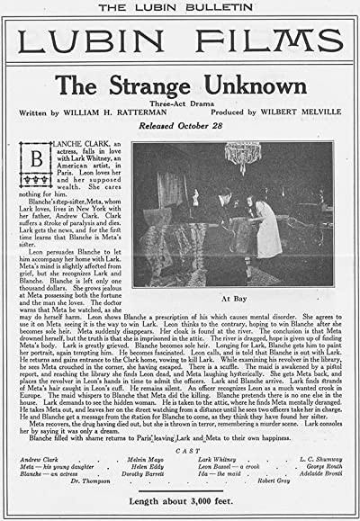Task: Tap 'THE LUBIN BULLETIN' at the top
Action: click(x=180, y=8)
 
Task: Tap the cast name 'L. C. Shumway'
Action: click(x=313, y=460)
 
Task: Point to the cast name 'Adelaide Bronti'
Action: click(x=313, y=476)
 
